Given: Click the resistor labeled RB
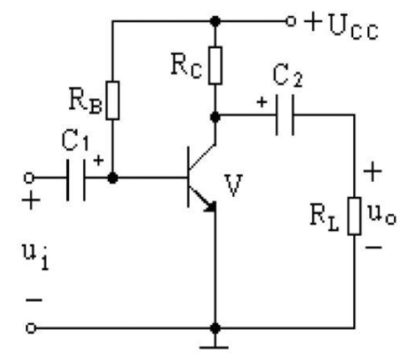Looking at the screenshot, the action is [x=113, y=101].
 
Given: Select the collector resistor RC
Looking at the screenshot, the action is [x=215, y=65].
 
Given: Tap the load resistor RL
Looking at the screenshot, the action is [x=354, y=216].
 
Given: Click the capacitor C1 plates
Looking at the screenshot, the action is [x=76, y=180].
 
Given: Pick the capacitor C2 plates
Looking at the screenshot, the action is [x=284, y=115].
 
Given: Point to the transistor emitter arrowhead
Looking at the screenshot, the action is [x=210, y=206].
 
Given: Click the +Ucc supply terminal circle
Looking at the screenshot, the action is [x=291, y=21].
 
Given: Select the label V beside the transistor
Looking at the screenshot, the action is [x=234, y=185].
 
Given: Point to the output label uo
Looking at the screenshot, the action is [x=382, y=215].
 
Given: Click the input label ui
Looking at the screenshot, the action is [x=35, y=257].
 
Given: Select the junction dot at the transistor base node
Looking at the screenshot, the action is [x=113, y=178].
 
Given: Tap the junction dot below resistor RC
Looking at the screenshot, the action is [x=215, y=117].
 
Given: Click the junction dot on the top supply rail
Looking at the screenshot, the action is [x=215, y=21].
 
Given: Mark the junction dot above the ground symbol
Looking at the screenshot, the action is [x=215, y=328].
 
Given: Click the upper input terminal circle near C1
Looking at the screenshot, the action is [x=29, y=178].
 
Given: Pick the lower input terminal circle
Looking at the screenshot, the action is [x=31, y=328].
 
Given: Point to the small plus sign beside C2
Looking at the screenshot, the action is [x=261, y=102].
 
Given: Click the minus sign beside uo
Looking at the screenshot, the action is [x=374, y=247].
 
